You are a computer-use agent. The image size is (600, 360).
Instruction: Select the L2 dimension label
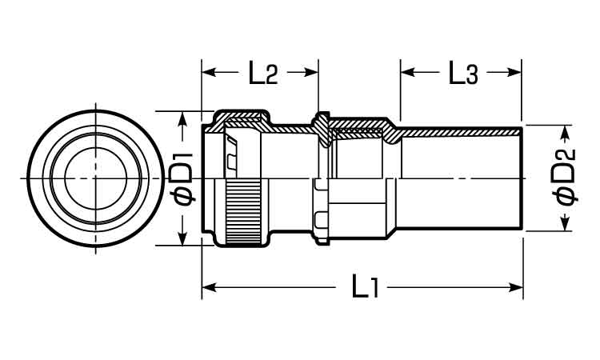point(260,74)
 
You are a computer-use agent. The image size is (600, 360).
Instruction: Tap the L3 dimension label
point(462,74)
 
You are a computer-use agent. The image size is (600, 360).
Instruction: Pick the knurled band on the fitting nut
point(245,214)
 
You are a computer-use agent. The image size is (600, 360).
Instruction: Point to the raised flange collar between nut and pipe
point(322,128)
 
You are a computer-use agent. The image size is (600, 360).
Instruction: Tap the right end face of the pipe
point(522,178)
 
